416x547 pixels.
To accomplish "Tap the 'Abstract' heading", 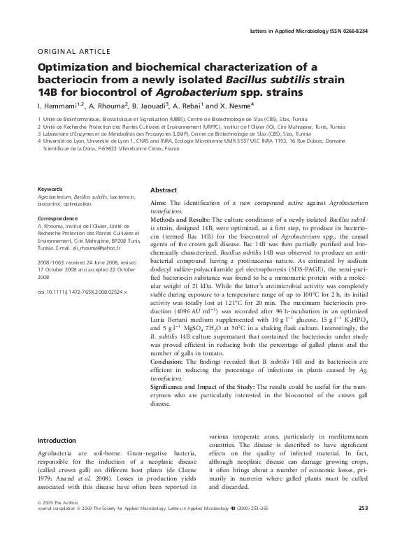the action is pyautogui.click(x=163, y=190).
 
